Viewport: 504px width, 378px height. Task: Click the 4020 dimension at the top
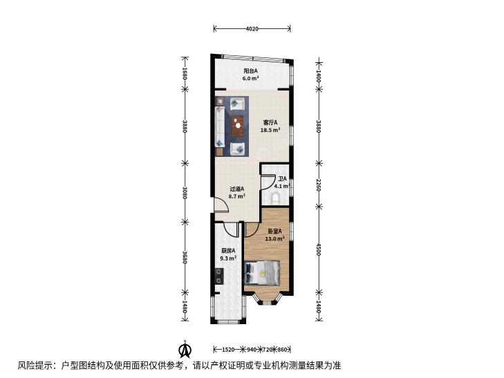(x=252, y=29)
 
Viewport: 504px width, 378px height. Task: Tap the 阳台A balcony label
(x=251, y=70)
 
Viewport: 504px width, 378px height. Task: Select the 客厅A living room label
(x=270, y=122)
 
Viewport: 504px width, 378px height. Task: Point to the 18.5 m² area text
(x=270, y=130)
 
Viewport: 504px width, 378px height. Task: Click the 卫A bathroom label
(x=283, y=179)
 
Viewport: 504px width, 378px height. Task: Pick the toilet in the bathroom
(x=276, y=198)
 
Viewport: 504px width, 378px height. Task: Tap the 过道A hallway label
(x=237, y=189)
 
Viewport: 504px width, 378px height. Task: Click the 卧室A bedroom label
(x=275, y=231)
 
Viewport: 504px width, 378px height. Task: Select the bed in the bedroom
(x=262, y=272)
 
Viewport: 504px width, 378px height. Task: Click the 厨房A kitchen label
(x=228, y=250)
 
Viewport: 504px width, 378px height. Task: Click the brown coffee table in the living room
(x=238, y=126)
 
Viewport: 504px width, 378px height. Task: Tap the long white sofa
(x=220, y=127)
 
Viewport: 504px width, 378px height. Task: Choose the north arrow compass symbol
(x=185, y=350)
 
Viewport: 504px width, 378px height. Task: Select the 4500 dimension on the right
(x=319, y=249)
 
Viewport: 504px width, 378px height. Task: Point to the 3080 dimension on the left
(x=185, y=192)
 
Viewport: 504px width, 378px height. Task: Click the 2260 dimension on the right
(x=319, y=185)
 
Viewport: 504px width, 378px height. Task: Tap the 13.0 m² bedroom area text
(x=275, y=238)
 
